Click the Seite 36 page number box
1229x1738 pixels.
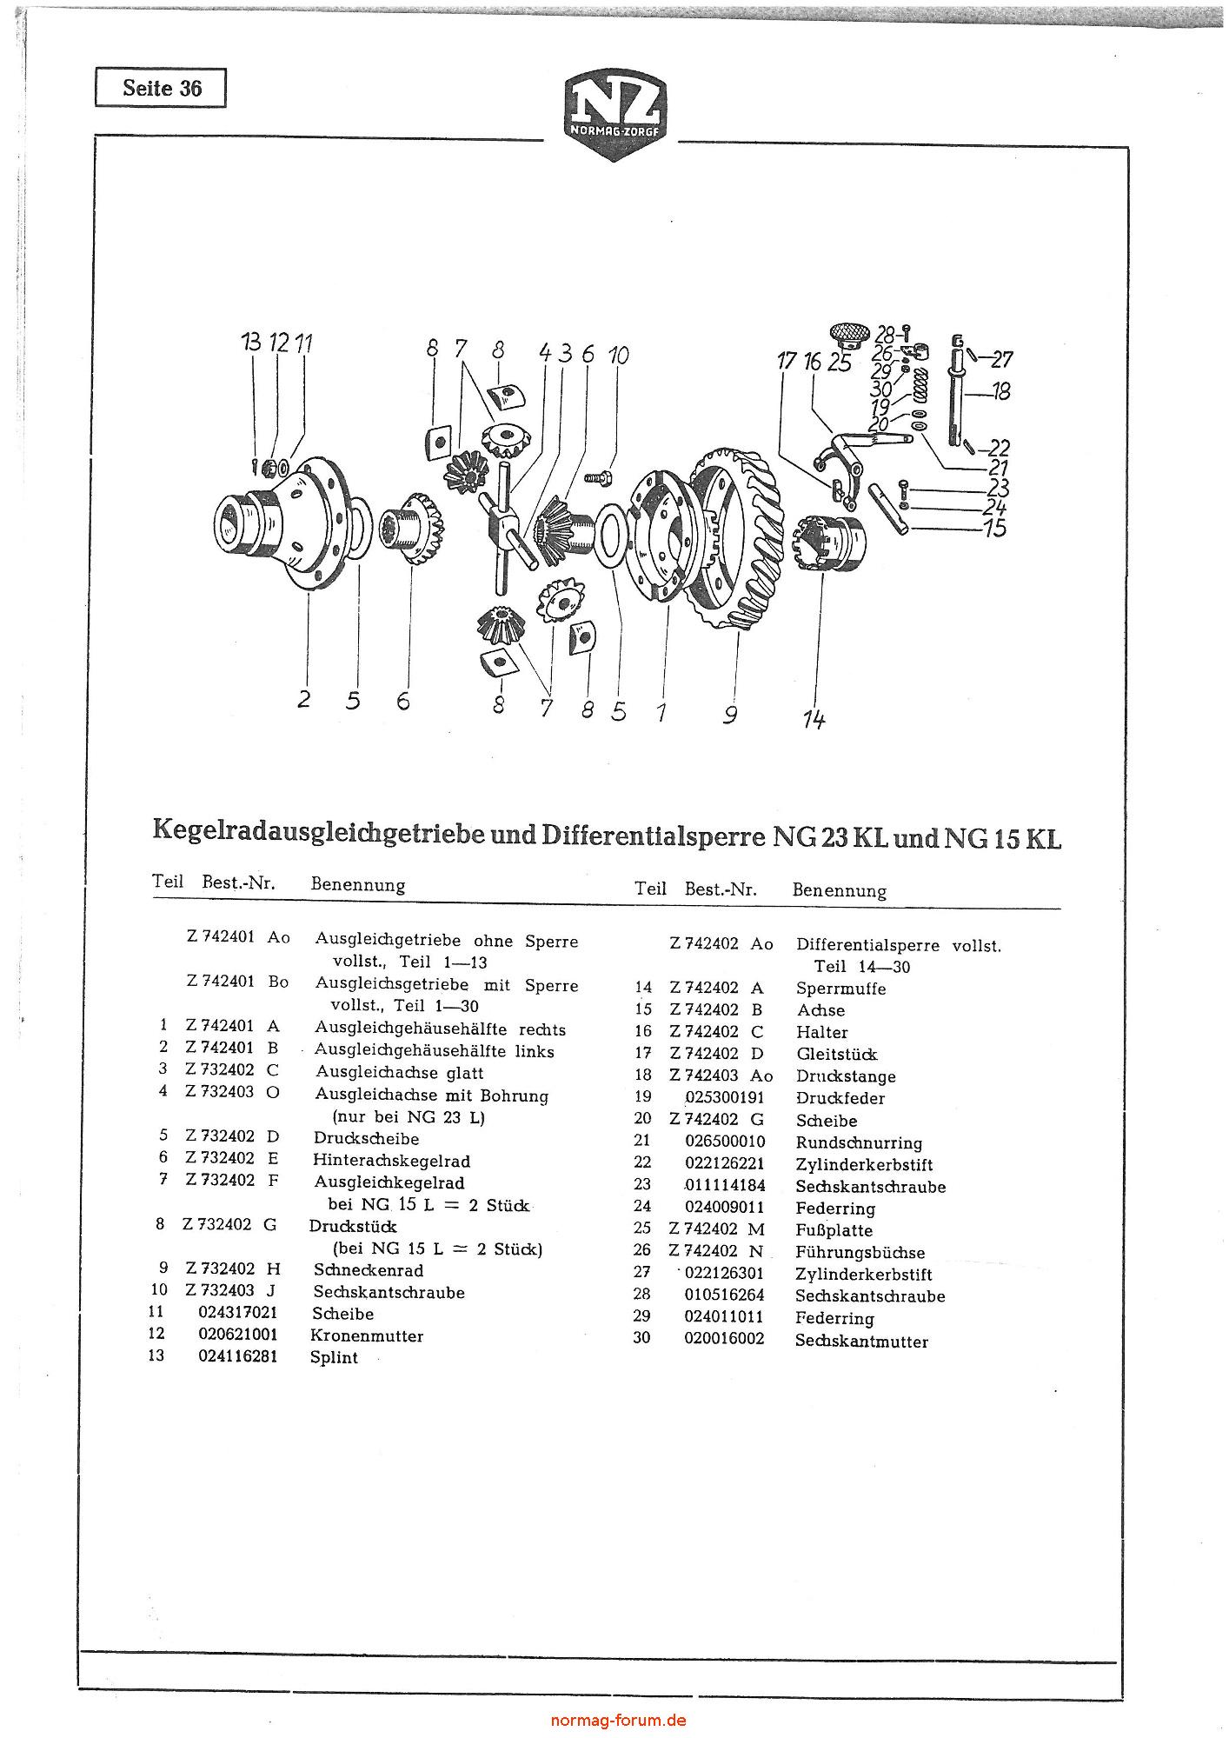pyautogui.click(x=161, y=88)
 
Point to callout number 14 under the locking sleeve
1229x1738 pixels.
pyautogui.click(x=814, y=719)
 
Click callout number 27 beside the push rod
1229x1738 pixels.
pyautogui.click(x=1001, y=359)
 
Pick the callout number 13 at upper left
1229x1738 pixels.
pyautogui.click(x=251, y=343)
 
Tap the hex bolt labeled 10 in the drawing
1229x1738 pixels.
pyautogui.click(x=600, y=477)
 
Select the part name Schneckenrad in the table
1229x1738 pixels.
pyautogui.click(x=369, y=1270)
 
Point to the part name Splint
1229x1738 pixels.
pyautogui.click(x=334, y=1358)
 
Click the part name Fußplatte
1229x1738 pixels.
pyautogui.click(x=834, y=1230)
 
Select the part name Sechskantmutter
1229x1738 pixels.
pyautogui.click(x=861, y=1342)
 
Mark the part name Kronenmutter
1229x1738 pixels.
pyautogui.click(x=367, y=1335)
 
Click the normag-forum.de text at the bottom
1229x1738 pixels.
pyautogui.click(x=619, y=1720)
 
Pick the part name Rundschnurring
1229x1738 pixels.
pyautogui.click(x=859, y=1143)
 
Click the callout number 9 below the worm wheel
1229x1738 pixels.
pyautogui.click(x=730, y=714)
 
